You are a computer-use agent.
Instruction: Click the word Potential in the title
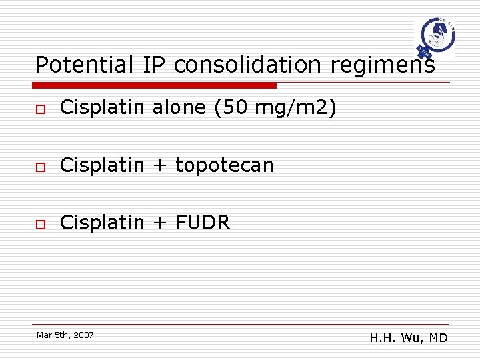pyautogui.click(x=85, y=65)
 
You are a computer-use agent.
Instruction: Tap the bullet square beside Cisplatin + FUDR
pyautogui.click(x=41, y=224)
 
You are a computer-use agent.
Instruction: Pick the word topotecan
pyautogui.click(x=225, y=165)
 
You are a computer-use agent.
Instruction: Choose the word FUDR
pyautogui.click(x=203, y=223)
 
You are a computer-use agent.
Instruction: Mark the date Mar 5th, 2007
pyautogui.click(x=65, y=335)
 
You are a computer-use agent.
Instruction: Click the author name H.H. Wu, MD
pyautogui.click(x=409, y=338)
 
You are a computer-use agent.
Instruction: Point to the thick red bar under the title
pyautogui.click(x=155, y=85)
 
